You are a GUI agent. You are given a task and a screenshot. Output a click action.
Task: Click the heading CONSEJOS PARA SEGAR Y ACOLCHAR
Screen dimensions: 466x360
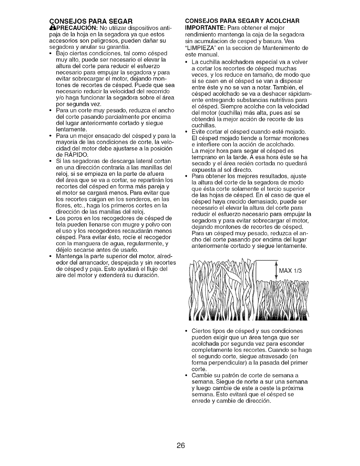pos(242,21)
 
